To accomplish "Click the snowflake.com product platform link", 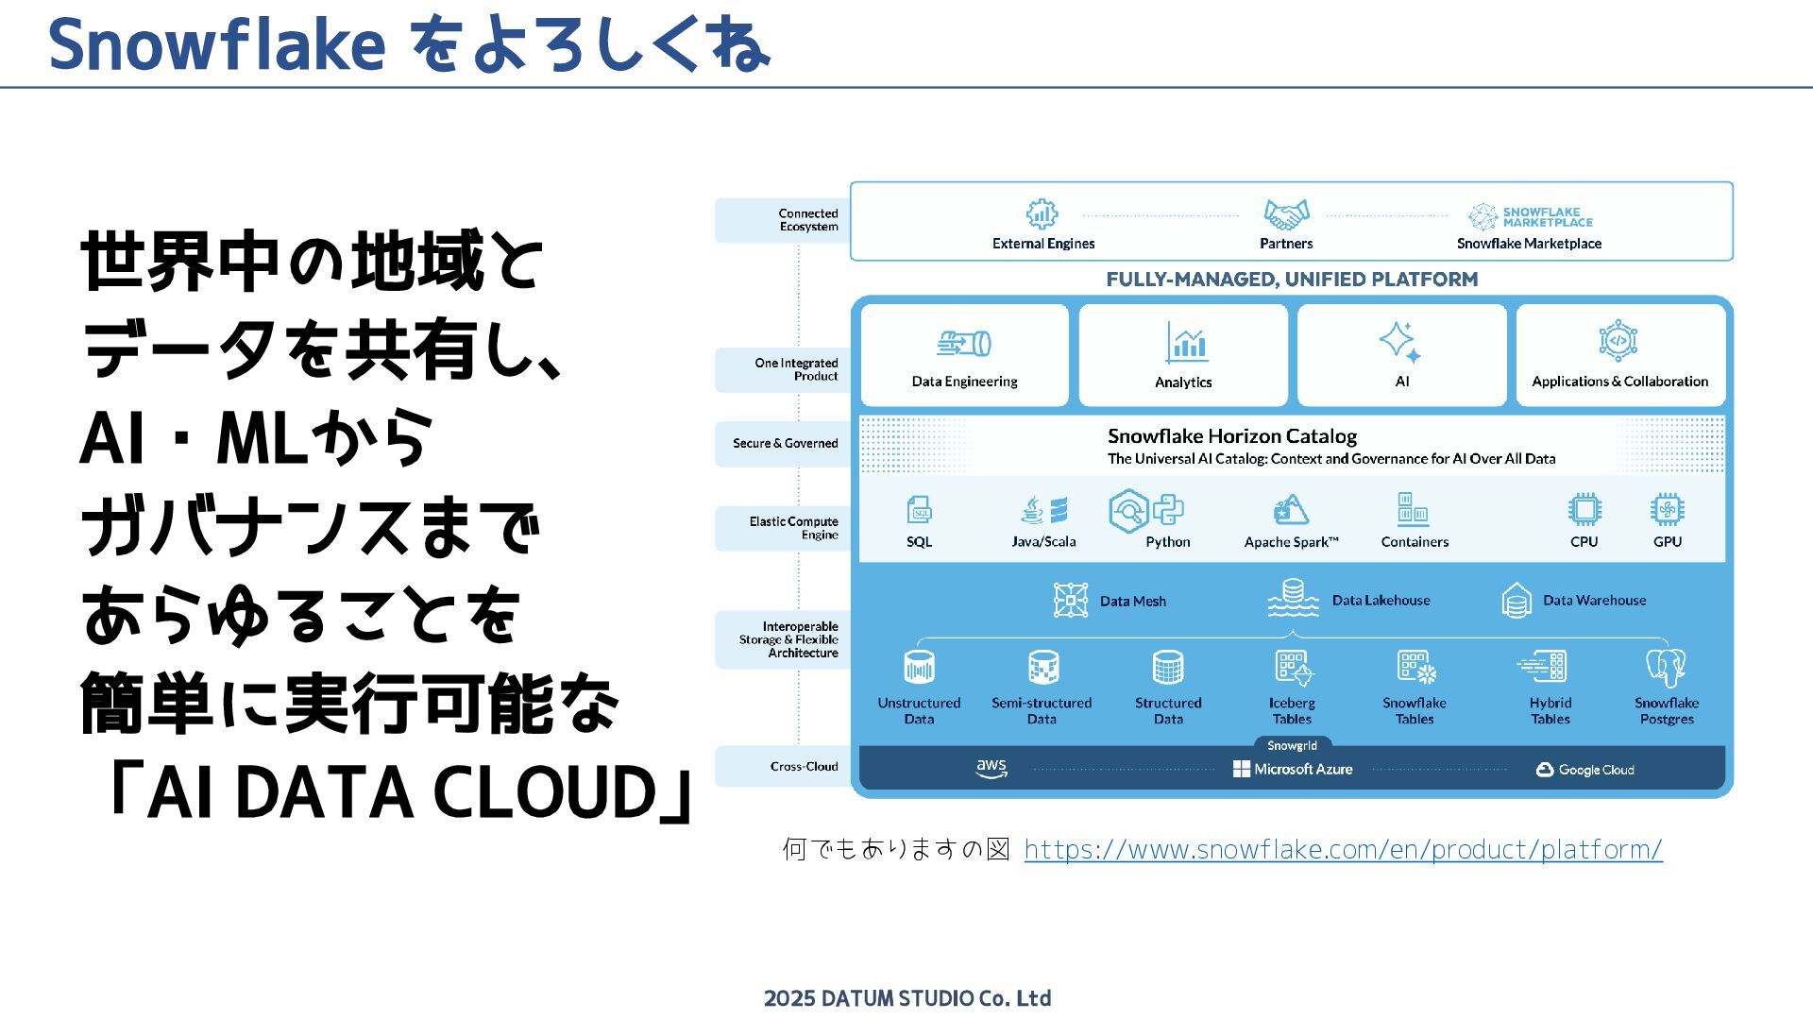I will (x=1343, y=850).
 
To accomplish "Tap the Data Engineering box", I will (x=964, y=356).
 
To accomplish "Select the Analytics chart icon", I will (x=1186, y=343).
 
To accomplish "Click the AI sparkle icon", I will (x=1399, y=342).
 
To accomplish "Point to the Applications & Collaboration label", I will (x=1619, y=382).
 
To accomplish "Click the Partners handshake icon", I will (x=1286, y=214).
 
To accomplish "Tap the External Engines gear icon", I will (x=1042, y=214).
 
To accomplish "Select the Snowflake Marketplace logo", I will (x=1530, y=217).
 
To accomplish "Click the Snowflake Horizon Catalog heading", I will (x=1231, y=436).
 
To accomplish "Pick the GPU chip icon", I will (x=1667, y=510).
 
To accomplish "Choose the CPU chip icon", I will (x=1584, y=510).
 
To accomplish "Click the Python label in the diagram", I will (x=1167, y=542).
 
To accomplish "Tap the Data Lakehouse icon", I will (x=1293, y=599).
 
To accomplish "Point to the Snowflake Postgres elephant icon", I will (x=1666, y=668).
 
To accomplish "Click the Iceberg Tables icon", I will (x=1293, y=668).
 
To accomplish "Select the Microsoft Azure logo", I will (x=1293, y=770).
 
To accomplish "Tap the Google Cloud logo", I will (x=1585, y=770).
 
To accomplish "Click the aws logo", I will (x=991, y=769).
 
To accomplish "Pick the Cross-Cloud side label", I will (x=804, y=767).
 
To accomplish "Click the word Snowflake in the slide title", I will (x=216, y=44).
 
